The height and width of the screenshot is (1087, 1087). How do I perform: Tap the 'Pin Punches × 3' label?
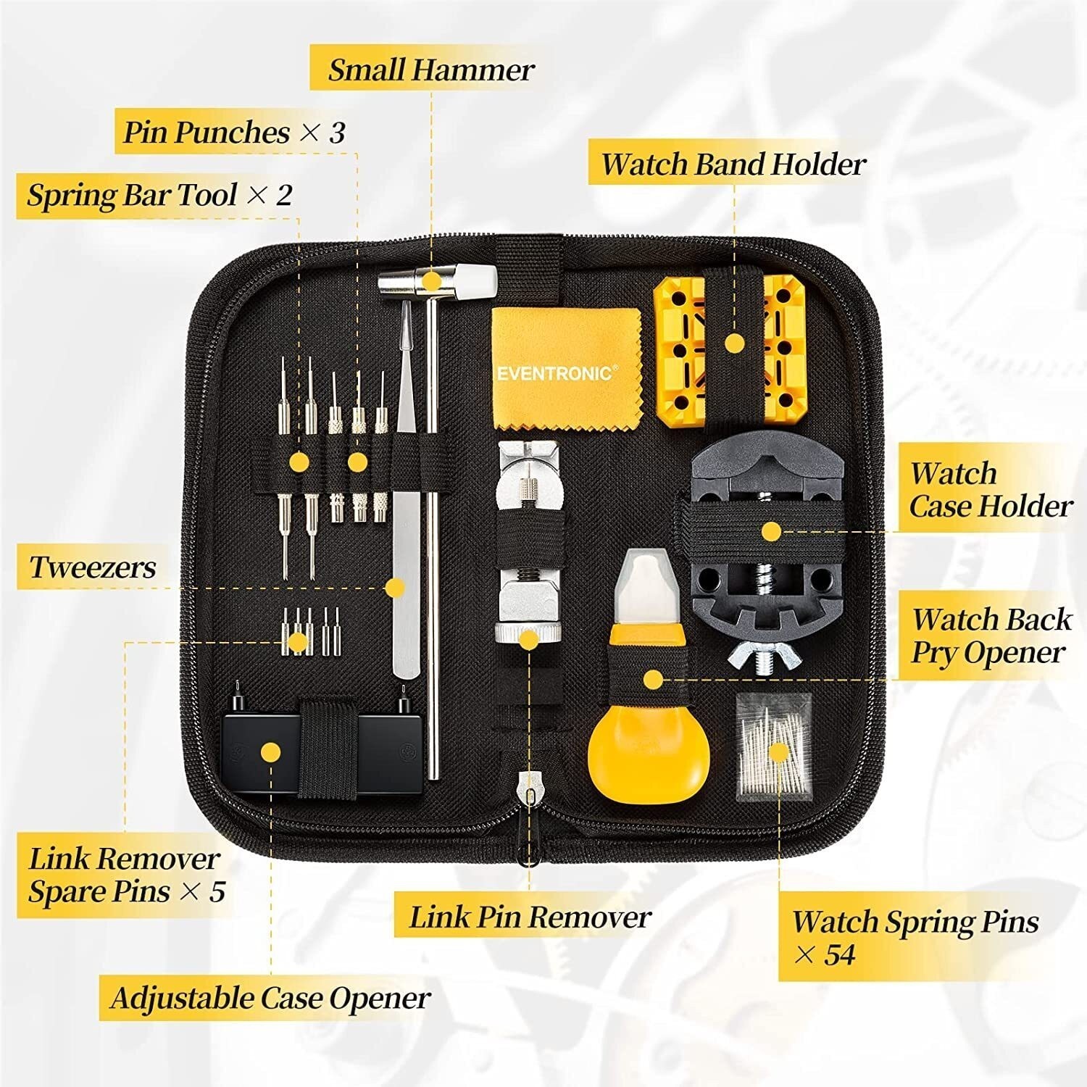[233, 132]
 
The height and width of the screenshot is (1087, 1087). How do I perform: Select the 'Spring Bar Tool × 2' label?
[159, 195]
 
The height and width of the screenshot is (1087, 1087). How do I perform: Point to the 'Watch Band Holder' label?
[733, 164]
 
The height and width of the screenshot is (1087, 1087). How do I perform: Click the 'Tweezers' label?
[92, 567]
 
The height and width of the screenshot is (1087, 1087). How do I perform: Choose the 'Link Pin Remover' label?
[530, 917]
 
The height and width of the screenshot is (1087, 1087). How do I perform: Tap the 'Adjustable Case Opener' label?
[270, 998]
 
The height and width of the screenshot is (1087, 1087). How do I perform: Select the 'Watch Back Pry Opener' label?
[990, 636]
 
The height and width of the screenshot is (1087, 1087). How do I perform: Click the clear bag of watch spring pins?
[773, 741]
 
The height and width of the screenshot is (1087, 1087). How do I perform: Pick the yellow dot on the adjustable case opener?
[270, 752]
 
